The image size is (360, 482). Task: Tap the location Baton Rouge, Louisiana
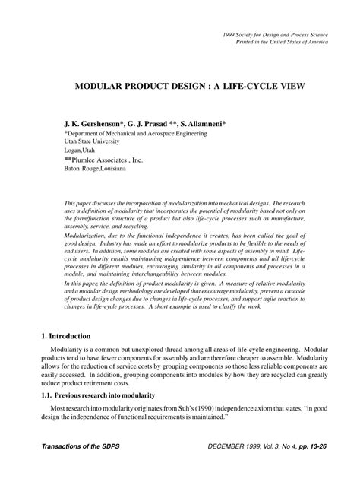(97, 170)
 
